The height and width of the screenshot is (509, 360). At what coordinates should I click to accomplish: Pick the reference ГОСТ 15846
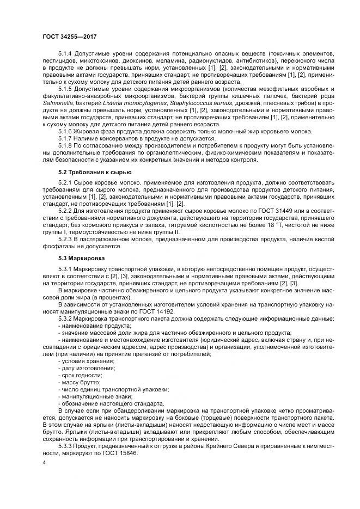[x=121, y=453]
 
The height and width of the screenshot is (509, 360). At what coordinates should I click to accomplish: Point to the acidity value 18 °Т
[x=241, y=223]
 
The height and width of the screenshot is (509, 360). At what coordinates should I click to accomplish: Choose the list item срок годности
[x=81, y=375]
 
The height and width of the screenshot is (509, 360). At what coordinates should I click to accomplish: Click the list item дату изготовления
[x=86, y=368]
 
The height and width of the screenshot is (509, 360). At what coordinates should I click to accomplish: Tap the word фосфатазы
[x=58, y=246]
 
